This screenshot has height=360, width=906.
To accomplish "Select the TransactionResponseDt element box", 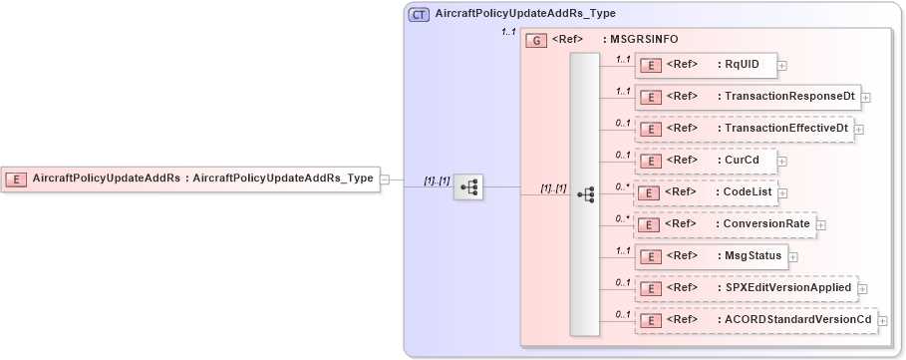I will (747, 97).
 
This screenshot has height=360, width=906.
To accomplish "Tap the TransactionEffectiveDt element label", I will (786, 129).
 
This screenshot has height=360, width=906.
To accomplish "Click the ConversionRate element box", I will (725, 224).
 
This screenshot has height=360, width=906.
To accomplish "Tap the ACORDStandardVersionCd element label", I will (798, 320).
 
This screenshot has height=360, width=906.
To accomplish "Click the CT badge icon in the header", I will (419, 15).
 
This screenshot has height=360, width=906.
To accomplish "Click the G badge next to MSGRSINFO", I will (535, 41).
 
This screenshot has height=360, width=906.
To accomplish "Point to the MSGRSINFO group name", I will (644, 41).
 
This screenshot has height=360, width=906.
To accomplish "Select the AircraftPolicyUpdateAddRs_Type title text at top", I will (525, 15).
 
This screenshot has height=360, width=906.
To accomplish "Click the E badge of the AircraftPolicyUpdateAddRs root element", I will (17, 179).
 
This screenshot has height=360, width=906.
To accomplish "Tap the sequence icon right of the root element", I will (467, 185).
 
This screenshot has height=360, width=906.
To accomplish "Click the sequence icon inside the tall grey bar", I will (585, 193).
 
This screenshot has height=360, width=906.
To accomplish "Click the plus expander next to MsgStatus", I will (792, 257).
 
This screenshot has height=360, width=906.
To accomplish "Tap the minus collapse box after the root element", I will (386, 180).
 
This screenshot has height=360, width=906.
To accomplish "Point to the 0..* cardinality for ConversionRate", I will (623, 218).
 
